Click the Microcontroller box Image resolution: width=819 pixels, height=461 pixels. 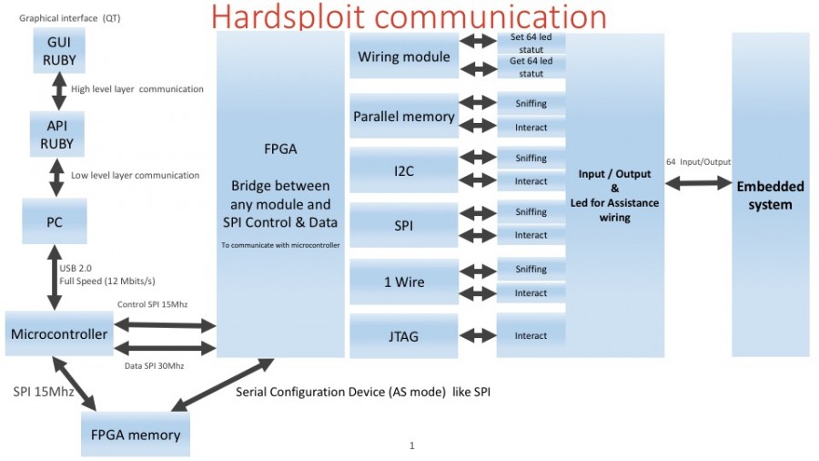(x=59, y=334)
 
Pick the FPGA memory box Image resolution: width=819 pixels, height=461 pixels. (x=136, y=435)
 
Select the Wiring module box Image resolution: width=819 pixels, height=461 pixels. (x=403, y=56)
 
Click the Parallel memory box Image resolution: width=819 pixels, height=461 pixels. (x=403, y=117)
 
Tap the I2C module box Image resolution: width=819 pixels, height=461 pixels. (x=403, y=169)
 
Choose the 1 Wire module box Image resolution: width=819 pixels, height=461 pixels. (x=403, y=282)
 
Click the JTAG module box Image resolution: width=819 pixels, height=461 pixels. (x=403, y=336)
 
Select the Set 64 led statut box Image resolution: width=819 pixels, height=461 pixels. (x=531, y=42)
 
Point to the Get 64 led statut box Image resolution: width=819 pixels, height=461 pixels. (x=531, y=67)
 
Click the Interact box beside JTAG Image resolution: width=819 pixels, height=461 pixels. (x=531, y=336)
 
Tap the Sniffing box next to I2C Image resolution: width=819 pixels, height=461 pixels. (x=531, y=158)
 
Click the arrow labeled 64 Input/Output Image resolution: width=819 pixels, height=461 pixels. (x=698, y=183)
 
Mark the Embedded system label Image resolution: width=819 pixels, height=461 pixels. (x=770, y=195)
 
